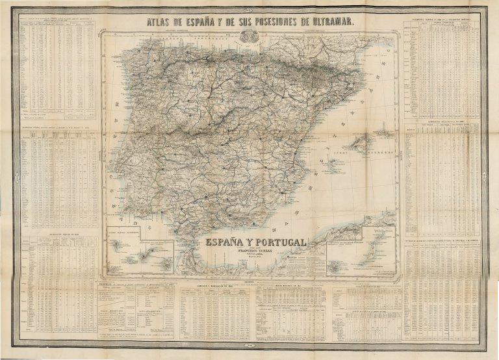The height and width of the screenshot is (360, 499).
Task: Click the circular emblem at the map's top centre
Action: point(249,41)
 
